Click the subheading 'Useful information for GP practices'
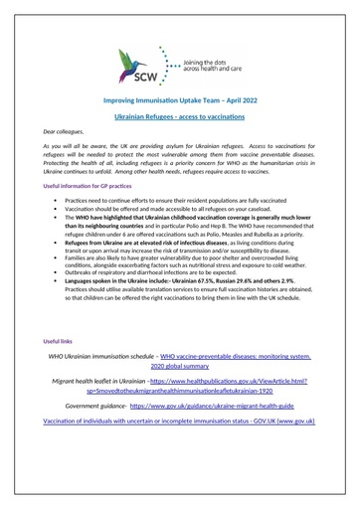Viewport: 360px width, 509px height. (90, 215)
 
